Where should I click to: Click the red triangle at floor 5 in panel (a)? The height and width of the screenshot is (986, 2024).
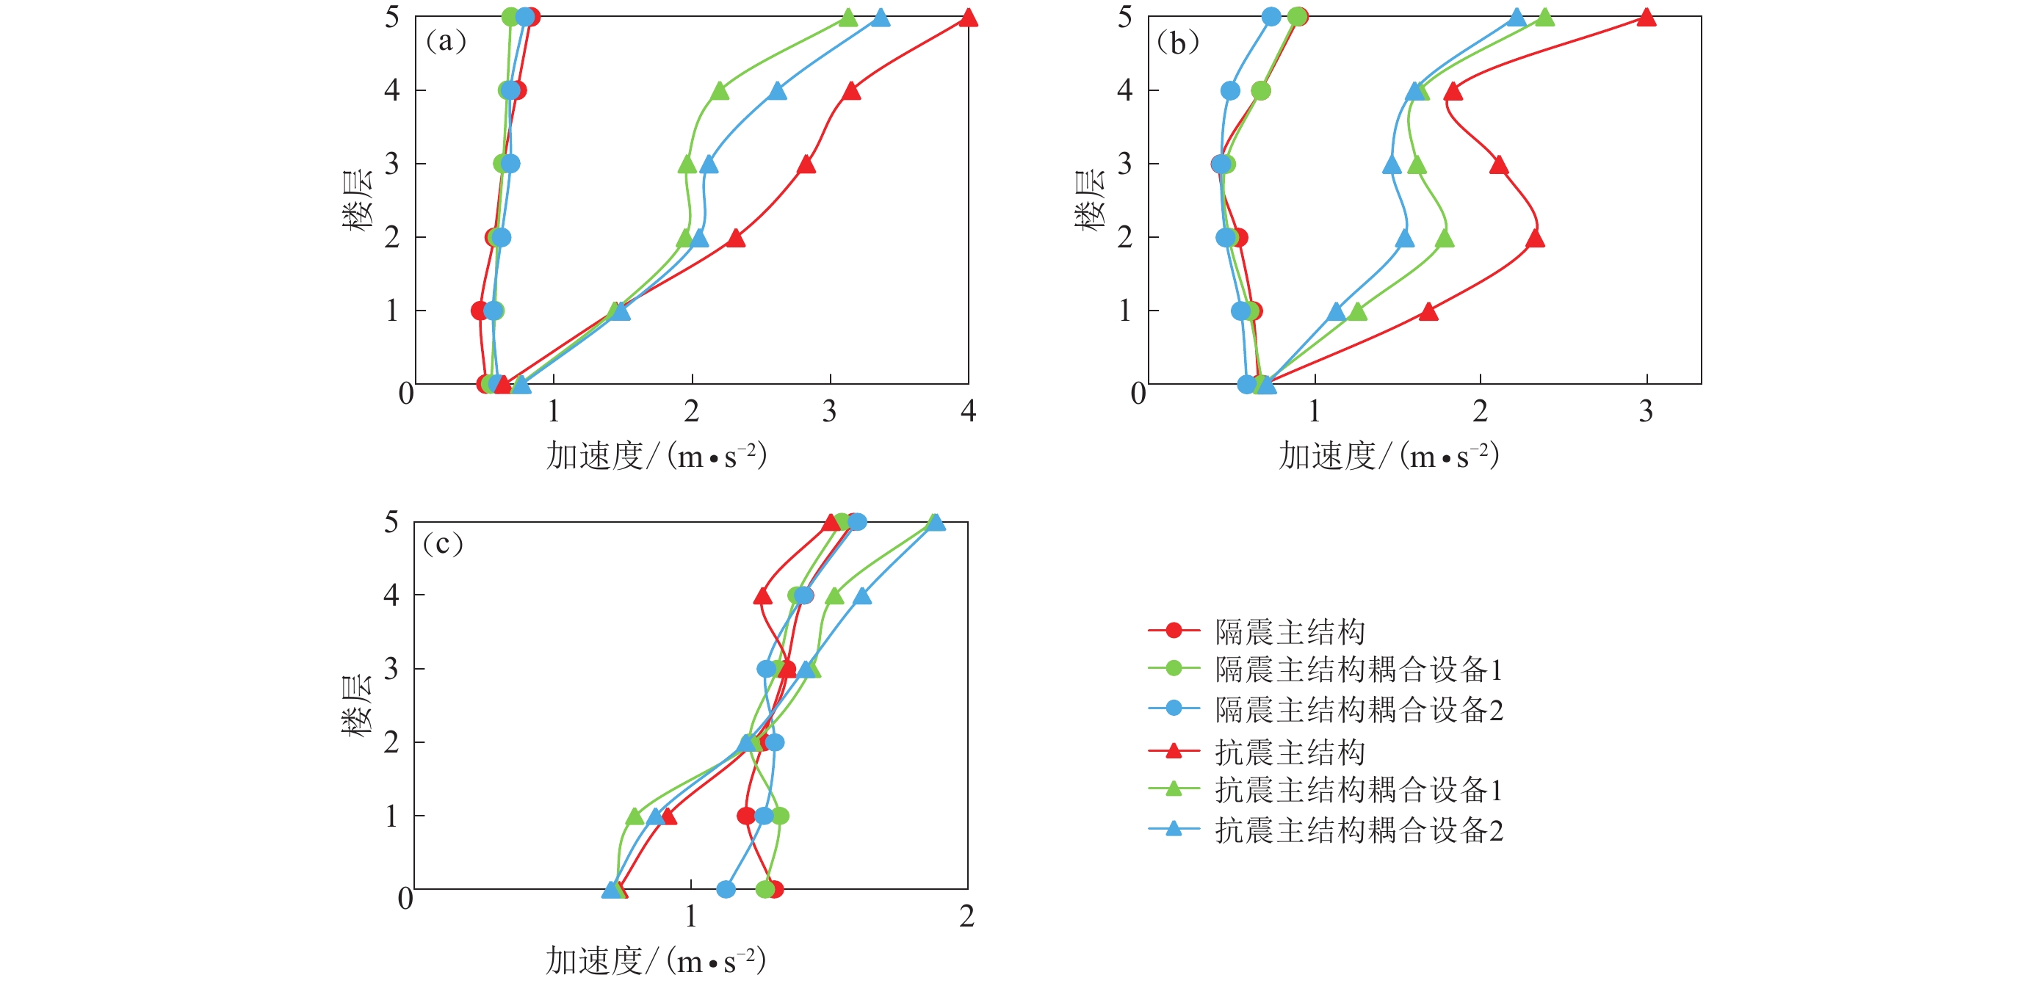(x=968, y=18)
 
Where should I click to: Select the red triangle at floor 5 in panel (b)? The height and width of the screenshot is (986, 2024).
(x=1646, y=18)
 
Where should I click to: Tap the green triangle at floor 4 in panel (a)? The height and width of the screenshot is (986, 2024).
(x=719, y=92)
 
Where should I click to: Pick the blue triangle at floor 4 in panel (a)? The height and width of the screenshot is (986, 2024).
(x=777, y=92)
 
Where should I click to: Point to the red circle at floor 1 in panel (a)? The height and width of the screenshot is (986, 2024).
(x=480, y=311)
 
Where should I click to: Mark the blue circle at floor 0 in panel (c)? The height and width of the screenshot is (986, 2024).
(x=726, y=888)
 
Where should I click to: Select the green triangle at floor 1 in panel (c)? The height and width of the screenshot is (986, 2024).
(x=635, y=817)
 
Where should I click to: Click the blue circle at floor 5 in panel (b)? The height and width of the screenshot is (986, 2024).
(x=1271, y=16)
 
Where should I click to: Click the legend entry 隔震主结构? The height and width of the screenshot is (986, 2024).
(x=1290, y=631)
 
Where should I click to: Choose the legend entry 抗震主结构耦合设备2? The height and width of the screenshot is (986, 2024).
(x=1359, y=830)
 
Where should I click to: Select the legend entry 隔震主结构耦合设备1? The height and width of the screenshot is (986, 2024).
(x=1359, y=670)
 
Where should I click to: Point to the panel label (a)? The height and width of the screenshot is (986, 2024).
(x=446, y=41)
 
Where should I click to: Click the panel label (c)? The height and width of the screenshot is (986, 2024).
(x=442, y=544)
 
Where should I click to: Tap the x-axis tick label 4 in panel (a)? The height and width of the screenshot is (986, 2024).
(x=968, y=411)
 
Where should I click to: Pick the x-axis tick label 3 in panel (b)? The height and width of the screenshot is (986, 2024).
(x=1646, y=411)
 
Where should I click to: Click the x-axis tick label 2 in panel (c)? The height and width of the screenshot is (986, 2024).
(x=966, y=916)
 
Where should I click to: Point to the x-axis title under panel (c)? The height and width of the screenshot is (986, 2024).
(x=655, y=961)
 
